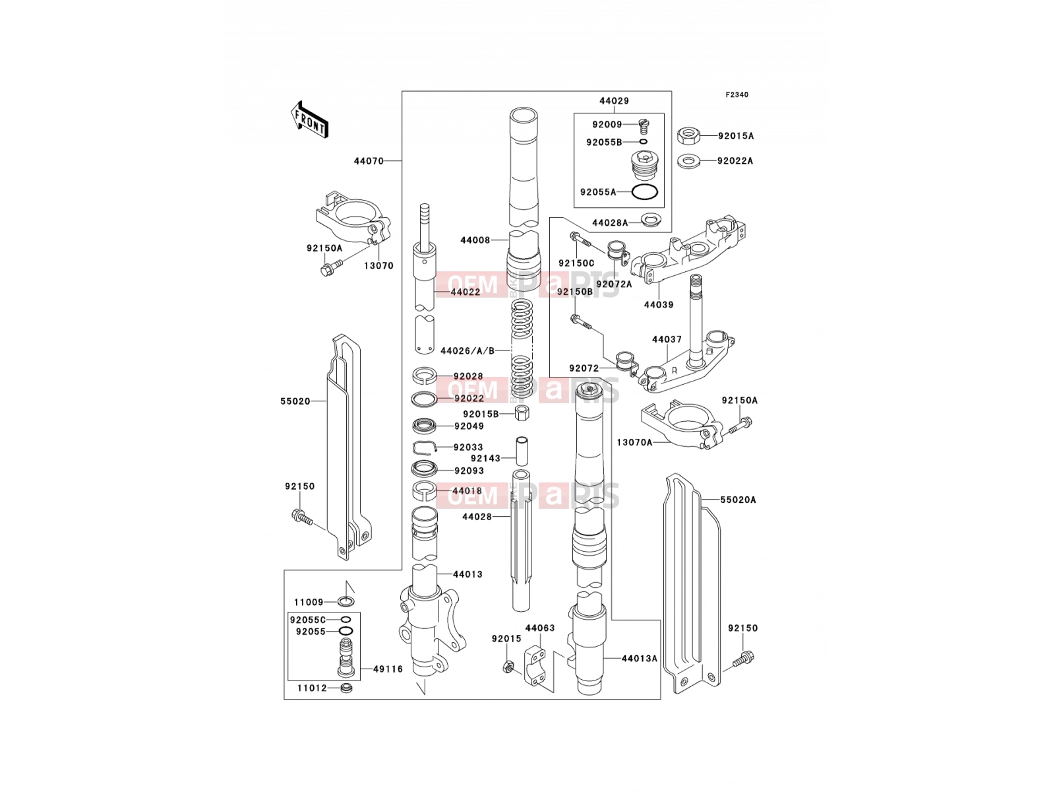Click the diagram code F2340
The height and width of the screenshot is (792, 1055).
[x=737, y=95]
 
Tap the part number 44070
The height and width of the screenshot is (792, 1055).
[x=369, y=161]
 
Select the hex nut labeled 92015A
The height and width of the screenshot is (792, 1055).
[x=689, y=135]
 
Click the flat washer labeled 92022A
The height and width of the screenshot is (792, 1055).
[x=689, y=161]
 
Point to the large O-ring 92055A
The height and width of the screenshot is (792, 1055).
[x=644, y=192]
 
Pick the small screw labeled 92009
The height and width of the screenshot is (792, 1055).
[x=644, y=127]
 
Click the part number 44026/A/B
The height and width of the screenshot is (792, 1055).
[x=467, y=351]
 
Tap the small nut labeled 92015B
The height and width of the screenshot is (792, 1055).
[x=522, y=412]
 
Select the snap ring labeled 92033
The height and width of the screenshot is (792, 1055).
[x=425, y=447]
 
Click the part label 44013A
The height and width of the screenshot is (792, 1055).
[x=639, y=658]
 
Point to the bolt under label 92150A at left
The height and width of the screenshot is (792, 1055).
[x=332, y=267]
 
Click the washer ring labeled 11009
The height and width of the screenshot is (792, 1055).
[x=346, y=601]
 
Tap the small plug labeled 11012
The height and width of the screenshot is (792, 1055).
[x=346, y=688]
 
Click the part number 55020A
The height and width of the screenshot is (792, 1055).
[x=738, y=500]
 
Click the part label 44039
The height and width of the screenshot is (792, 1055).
[x=659, y=305]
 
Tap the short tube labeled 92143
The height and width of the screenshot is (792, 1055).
[x=522, y=451]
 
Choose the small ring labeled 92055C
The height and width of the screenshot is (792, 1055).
[x=346, y=619]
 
